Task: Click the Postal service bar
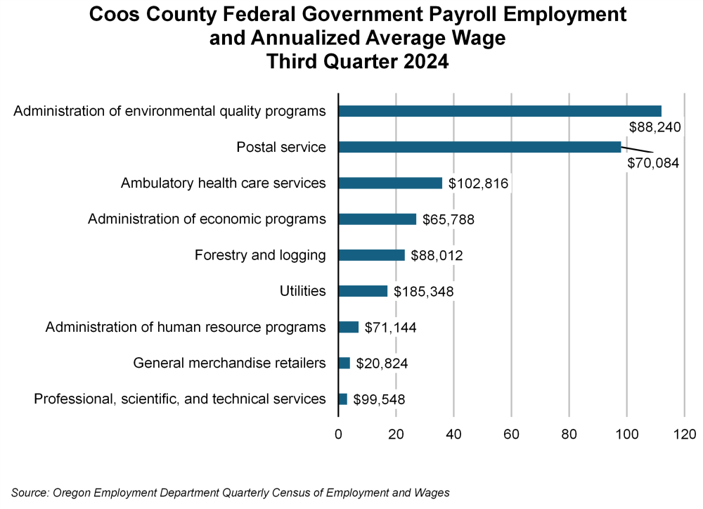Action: (479, 147)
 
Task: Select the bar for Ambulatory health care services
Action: (390, 183)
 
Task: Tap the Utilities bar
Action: (363, 291)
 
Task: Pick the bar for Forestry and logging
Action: (371, 255)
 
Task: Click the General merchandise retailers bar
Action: (344, 363)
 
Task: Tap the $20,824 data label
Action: (382, 363)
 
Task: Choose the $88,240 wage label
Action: (657, 127)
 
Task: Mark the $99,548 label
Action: (379, 399)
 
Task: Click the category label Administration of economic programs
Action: (207, 219)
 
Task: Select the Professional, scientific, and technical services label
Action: (180, 399)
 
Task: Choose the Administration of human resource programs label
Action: (186, 327)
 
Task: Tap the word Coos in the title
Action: (113, 15)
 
